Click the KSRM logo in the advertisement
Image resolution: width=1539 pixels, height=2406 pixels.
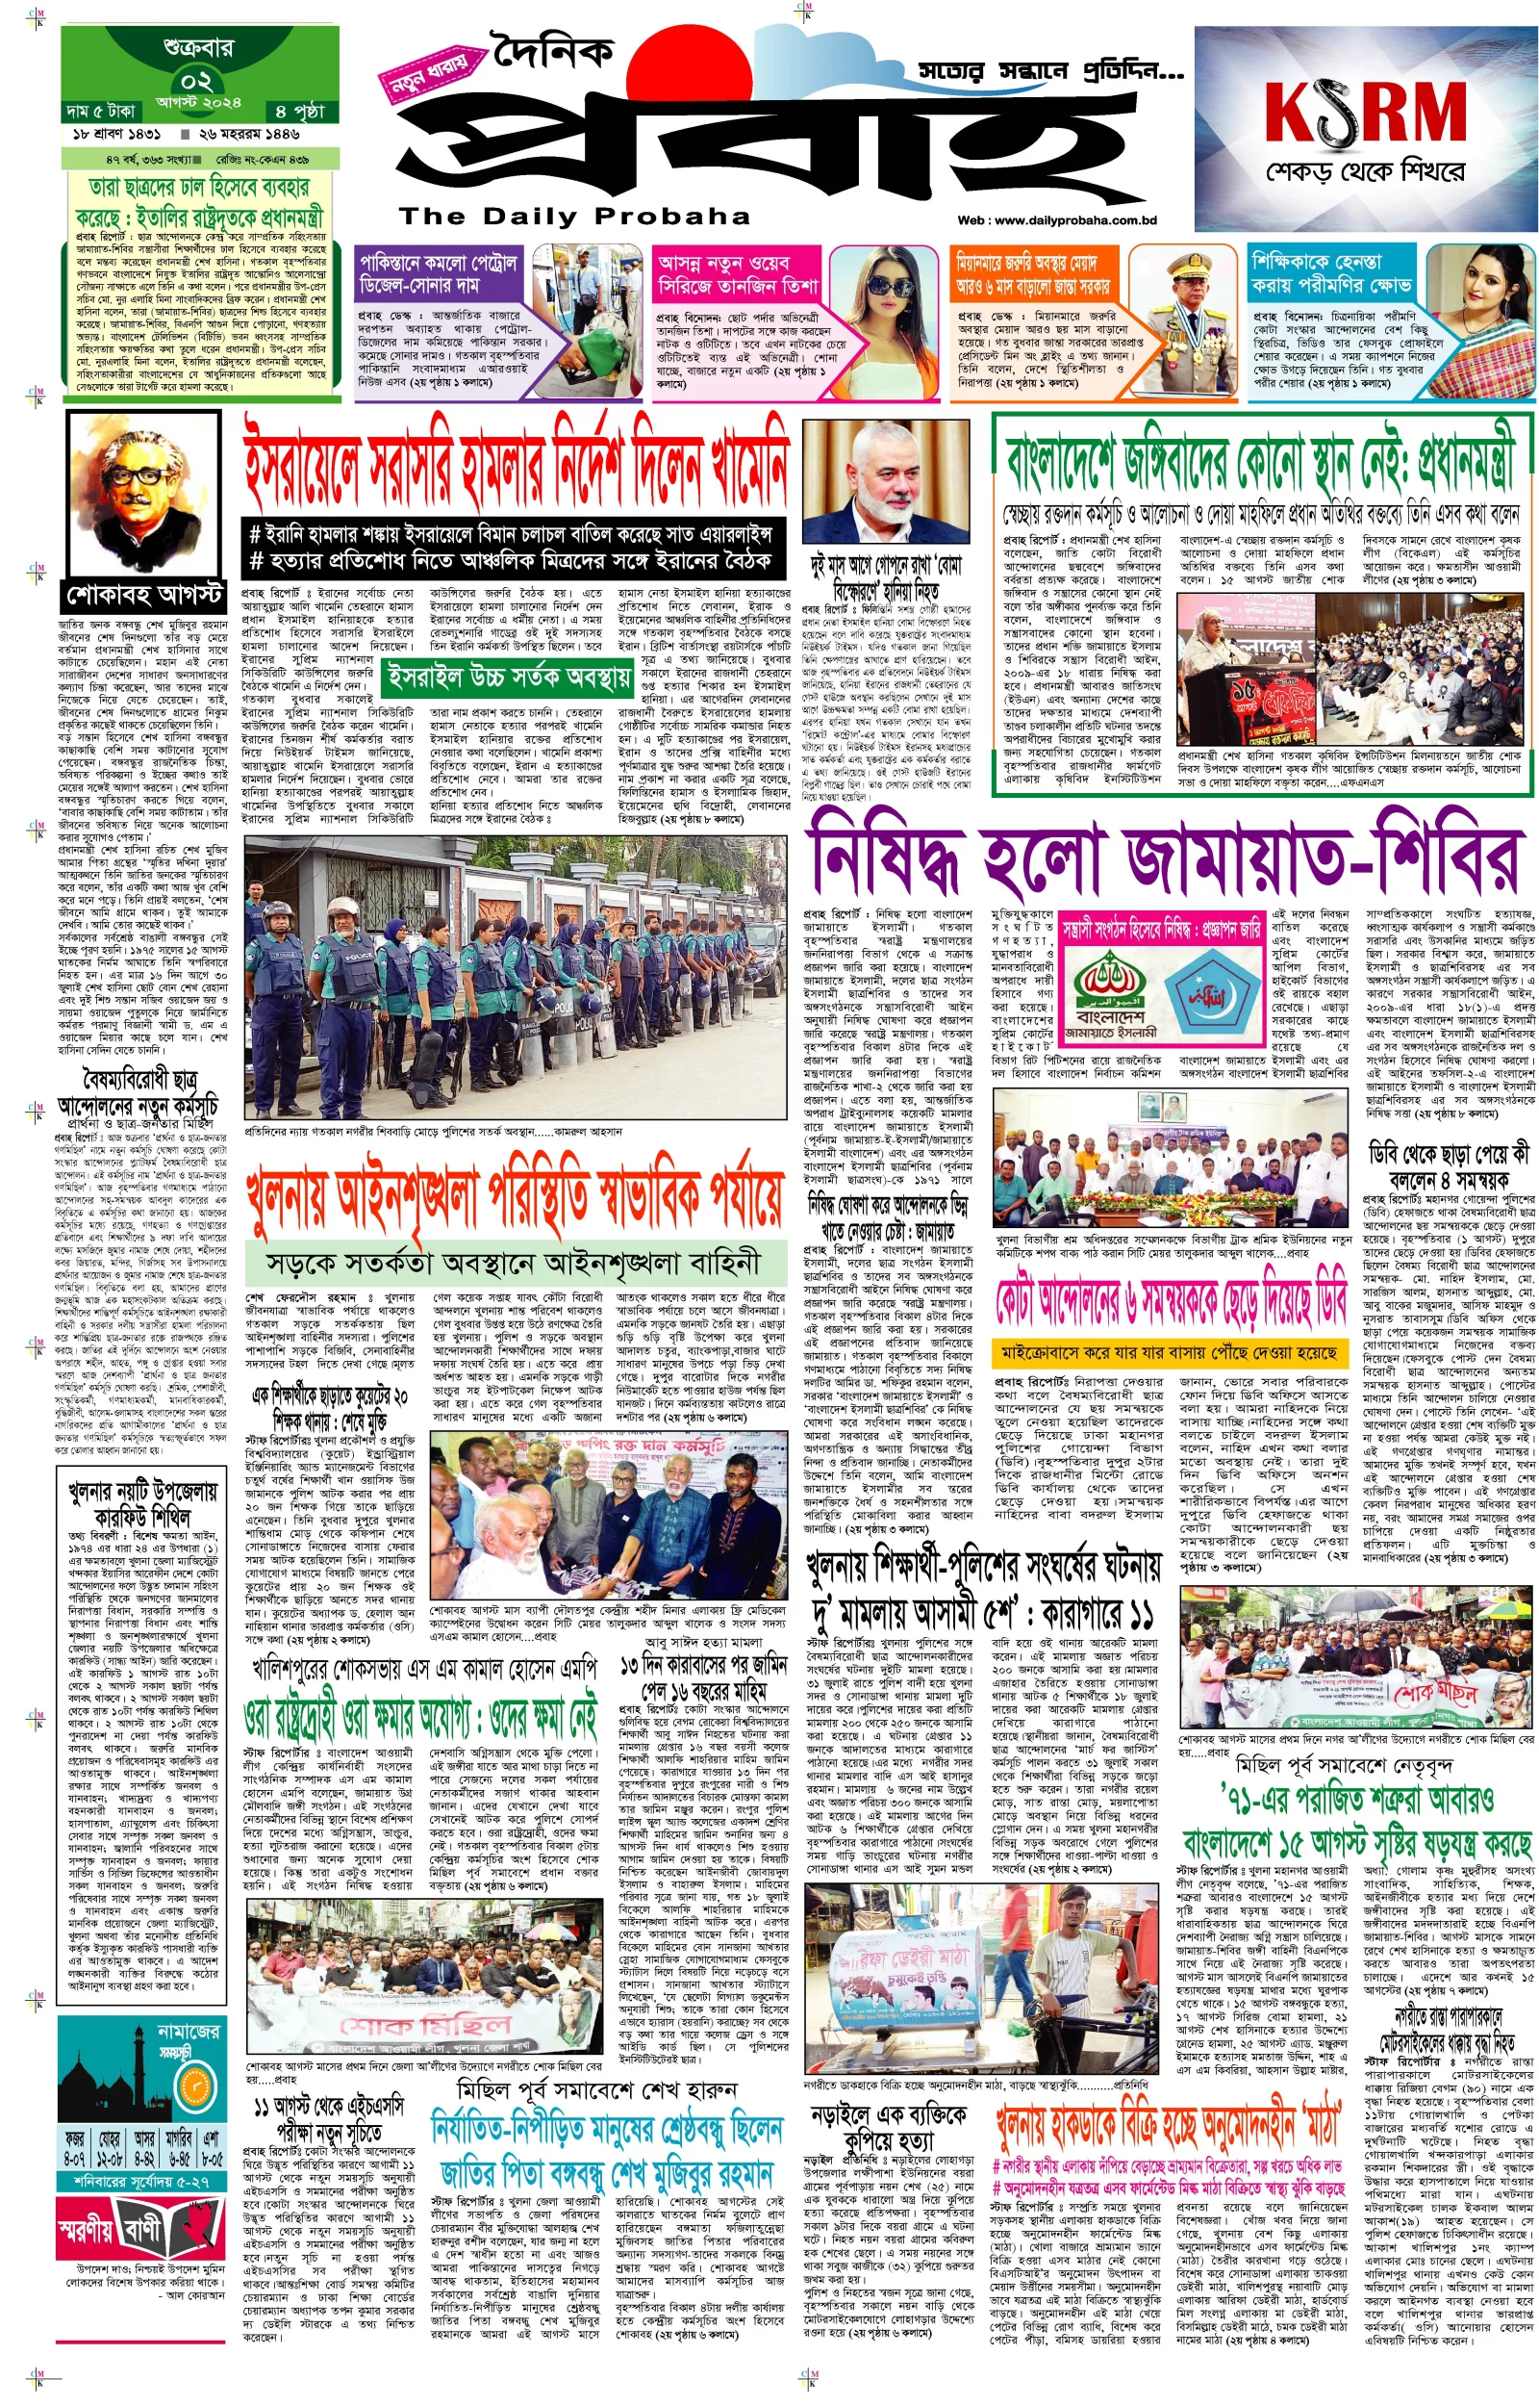coord(1365,111)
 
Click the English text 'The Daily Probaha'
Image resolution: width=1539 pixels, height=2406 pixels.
coord(574,217)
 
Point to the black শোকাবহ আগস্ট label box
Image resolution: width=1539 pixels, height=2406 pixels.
coord(144,595)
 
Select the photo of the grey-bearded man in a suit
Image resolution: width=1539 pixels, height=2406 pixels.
coord(887,481)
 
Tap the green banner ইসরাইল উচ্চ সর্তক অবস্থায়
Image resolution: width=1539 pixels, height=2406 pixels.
coord(509,678)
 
